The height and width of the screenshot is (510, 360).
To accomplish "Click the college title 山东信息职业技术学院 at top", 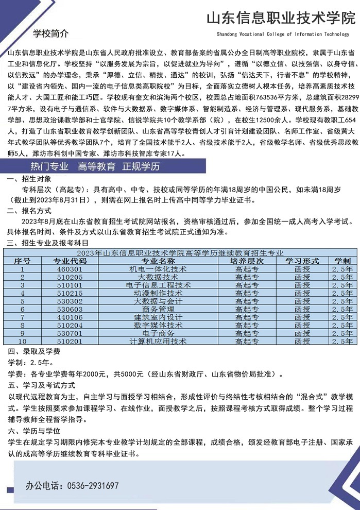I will pyautogui.click(x=281, y=20).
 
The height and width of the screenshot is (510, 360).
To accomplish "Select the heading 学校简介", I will pyautogui.click(x=50, y=34).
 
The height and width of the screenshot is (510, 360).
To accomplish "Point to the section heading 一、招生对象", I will pyautogui.click(x=29, y=179).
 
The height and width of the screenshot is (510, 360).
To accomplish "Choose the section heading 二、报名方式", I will pyautogui.click(x=29, y=211).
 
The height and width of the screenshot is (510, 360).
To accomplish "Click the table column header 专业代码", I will pyautogui.click(x=70, y=261).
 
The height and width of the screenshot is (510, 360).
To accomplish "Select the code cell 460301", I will pyautogui.click(x=70, y=269).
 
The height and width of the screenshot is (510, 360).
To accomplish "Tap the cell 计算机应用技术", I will pyautogui.click(x=158, y=341).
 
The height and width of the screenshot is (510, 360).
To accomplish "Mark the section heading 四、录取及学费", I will pyautogui.click(x=33, y=352).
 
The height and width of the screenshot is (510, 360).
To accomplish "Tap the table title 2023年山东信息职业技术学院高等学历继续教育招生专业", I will pyautogui.click(x=180, y=253).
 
